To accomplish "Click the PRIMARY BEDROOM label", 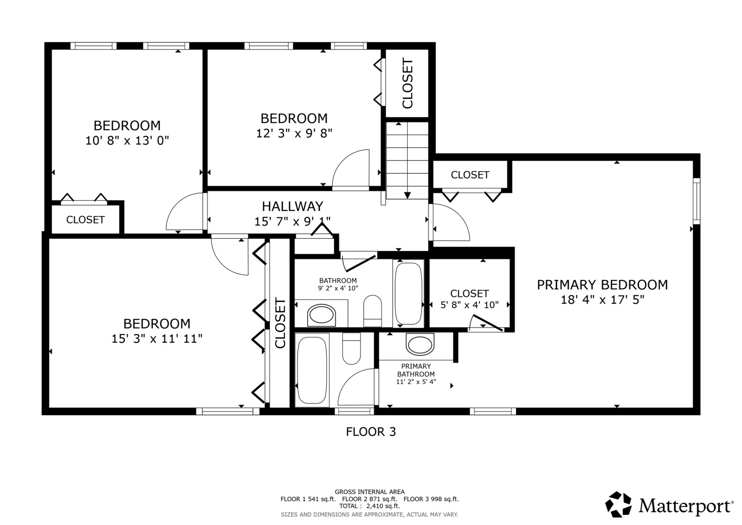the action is click(x=602, y=285).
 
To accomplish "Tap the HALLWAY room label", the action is click(x=293, y=207).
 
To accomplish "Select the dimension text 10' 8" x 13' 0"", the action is click(x=127, y=140).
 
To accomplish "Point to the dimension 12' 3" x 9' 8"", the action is click(x=294, y=133).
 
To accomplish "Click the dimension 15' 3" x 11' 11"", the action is click(x=157, y=339).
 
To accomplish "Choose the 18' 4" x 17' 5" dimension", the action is click(x=602, y=300).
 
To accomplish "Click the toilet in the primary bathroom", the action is click(x=351, y=349).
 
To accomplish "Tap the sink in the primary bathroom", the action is click(x=420, y=344).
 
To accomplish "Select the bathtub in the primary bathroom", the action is click(x=312, y=370).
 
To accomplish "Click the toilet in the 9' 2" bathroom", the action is click(x=373, y=311).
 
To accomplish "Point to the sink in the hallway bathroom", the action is click(x=321, y=315).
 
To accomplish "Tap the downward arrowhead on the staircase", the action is click(x=407, y=195).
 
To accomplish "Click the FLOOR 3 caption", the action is click(x=371, y=432).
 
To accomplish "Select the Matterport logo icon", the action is click(x=619, y=505).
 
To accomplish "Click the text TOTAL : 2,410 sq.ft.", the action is click(x=369, y=506).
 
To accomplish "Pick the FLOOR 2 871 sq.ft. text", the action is click(x=370, y=499).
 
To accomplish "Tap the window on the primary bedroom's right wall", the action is click(x=697, y=201).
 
